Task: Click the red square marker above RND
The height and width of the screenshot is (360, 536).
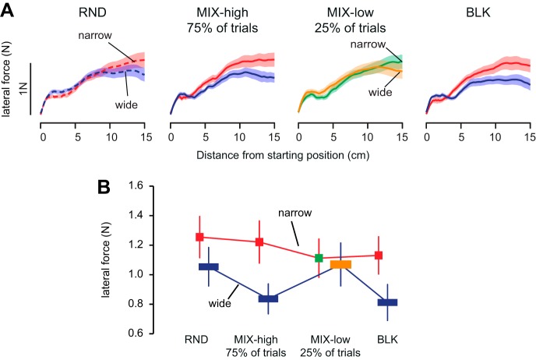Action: coord(199,237)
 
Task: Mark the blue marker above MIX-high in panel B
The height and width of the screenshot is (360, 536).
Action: coord(268,298)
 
